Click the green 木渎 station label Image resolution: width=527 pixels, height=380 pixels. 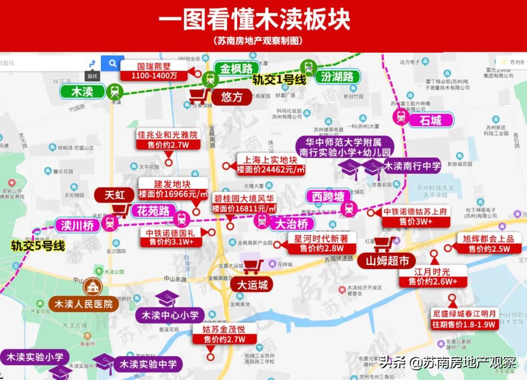(82, 91)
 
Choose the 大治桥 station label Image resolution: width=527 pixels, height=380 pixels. (292, 224)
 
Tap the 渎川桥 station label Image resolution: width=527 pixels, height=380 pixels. (77, 225)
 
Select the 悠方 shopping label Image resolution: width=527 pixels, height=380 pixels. (231, 97)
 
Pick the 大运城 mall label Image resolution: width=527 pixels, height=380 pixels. (252, 285)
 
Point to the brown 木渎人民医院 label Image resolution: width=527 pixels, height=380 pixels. (83, 304)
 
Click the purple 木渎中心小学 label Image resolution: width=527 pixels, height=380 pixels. (170, 315)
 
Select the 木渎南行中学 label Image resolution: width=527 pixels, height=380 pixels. (412, 166)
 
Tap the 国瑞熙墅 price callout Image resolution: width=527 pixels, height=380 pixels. (154, 71)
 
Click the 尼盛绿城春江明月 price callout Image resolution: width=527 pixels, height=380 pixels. (464, 319)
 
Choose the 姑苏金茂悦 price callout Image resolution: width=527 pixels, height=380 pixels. (224, 334)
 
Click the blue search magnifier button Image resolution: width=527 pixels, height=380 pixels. (113, 63)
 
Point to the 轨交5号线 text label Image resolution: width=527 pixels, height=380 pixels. (38, 246)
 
